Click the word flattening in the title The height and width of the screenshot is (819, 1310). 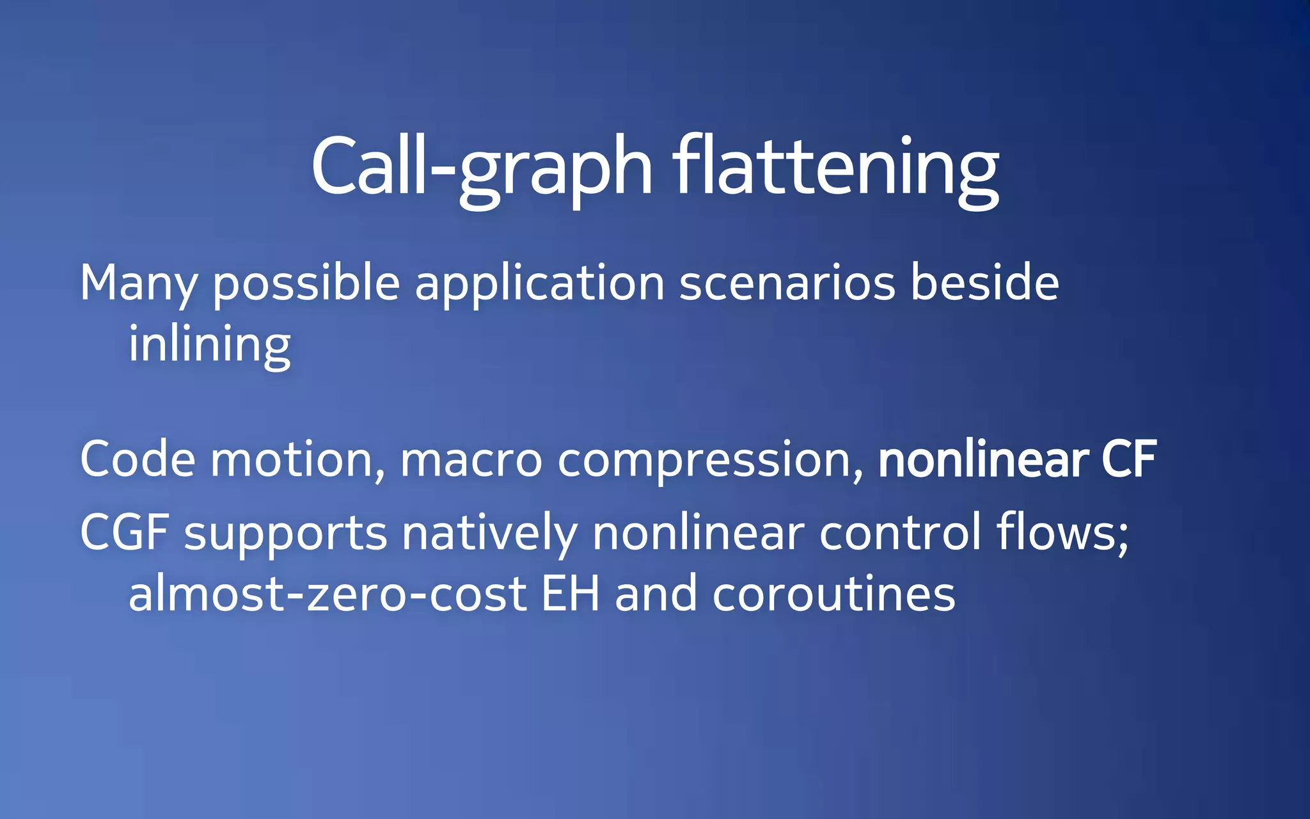[x=835, y=168]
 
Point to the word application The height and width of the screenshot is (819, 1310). [x=540, y=283]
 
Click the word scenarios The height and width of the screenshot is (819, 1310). [x=787, y=283]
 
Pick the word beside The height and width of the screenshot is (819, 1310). [x=984, y=283]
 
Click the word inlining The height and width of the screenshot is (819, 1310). [x=210, y=345]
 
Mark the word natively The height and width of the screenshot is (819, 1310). [x=489, y=533]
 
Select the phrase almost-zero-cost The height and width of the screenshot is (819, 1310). [x=327, y=594]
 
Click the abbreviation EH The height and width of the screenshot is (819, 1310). [x=571, y=594]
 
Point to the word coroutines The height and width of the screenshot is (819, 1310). [x=833, y=594]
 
